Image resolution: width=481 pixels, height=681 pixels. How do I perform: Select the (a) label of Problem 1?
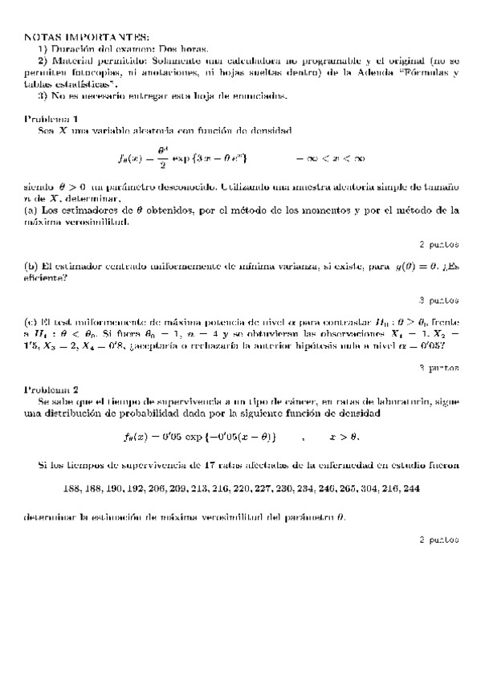(x=32, y=210)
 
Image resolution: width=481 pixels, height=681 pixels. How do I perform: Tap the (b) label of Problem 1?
(x=32, y=266)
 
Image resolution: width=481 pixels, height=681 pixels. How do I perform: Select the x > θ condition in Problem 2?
(x=344, y=438)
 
